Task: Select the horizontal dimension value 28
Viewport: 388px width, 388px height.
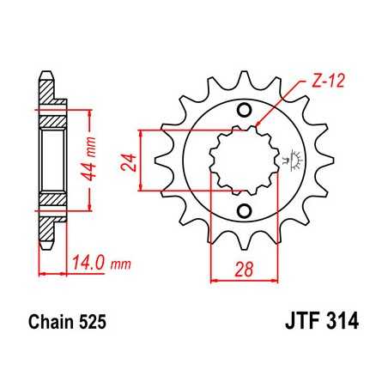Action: click(245, 270)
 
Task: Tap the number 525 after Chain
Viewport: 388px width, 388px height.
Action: click(93, 325)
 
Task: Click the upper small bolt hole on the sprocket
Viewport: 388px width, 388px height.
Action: click(245, 110)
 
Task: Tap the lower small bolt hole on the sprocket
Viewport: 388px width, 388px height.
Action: click(245, 211)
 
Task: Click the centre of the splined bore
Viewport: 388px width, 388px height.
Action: click(245, 160)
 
